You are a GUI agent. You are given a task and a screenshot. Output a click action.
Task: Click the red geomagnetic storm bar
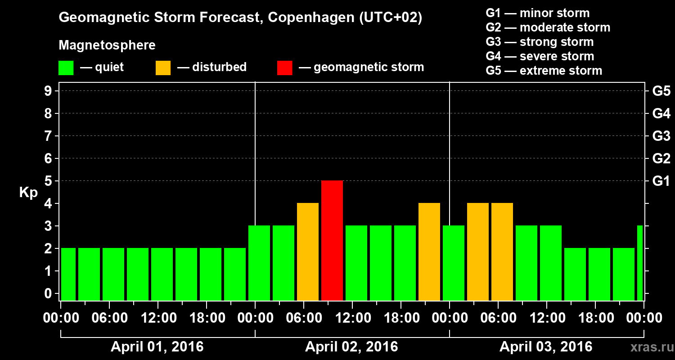[x=332, y=240]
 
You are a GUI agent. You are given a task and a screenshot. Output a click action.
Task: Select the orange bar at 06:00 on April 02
[x=308, y=252]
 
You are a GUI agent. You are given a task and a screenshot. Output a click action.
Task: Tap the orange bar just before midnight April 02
[x=429, y=252]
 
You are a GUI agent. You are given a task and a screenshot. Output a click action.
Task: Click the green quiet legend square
[x=66, y=67]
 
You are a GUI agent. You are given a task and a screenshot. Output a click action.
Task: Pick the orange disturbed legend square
[x=163, y=67]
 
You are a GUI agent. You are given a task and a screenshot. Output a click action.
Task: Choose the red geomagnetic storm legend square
[x=284, y=67]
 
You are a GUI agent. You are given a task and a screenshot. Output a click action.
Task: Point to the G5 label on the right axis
[x=661, y=91]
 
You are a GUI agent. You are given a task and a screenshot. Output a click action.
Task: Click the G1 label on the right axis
[x=661, y=181]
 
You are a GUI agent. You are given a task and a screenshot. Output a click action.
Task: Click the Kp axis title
[x=28, y=193]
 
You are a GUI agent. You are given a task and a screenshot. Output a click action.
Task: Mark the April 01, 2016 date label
[x=157, y=347]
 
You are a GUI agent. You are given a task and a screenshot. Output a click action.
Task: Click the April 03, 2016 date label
[x=546, y=347]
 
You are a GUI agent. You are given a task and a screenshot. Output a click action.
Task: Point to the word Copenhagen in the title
[x=306, y=18]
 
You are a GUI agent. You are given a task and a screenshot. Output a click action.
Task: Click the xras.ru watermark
[x=649, y=347]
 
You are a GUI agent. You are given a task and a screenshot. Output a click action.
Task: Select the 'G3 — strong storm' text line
[x=540, y=42]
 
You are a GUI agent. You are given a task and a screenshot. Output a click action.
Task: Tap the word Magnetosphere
[x=107, y=45]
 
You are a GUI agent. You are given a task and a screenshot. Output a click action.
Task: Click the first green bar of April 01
[x=68, y=274]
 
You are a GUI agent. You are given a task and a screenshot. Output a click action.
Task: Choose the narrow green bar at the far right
[x=640, y=263]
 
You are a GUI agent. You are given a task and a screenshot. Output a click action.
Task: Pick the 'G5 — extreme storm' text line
[x=544, y=71]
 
